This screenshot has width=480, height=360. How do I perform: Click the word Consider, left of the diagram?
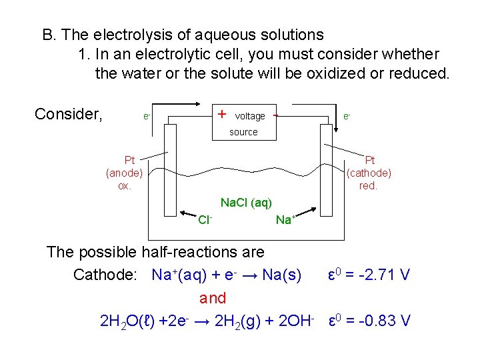(69, 114)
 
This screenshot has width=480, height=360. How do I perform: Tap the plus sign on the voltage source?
(221, 114)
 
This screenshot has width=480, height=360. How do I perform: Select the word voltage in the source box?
(250, 116)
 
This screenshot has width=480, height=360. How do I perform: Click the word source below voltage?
(243, 132)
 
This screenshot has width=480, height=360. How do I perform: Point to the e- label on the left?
(147, 116)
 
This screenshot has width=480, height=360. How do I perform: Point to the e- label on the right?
(347, 115)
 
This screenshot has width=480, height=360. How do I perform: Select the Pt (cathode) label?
(369, 173)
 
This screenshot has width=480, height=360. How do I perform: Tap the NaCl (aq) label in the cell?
(246, 202)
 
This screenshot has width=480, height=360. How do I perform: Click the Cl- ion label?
(205, 219)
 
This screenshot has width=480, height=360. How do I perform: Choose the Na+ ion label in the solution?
(285, 219)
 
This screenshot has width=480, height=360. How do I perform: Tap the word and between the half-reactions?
(213, 298)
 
